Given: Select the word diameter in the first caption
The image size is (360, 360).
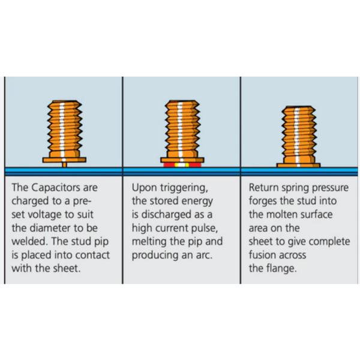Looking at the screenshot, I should point(71,227).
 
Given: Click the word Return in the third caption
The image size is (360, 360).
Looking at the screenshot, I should point(264,187).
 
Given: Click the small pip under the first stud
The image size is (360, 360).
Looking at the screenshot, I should point(64,163).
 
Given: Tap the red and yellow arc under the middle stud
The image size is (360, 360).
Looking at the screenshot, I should point(181,164).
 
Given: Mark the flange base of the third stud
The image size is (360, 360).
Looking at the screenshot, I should point(299,163).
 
